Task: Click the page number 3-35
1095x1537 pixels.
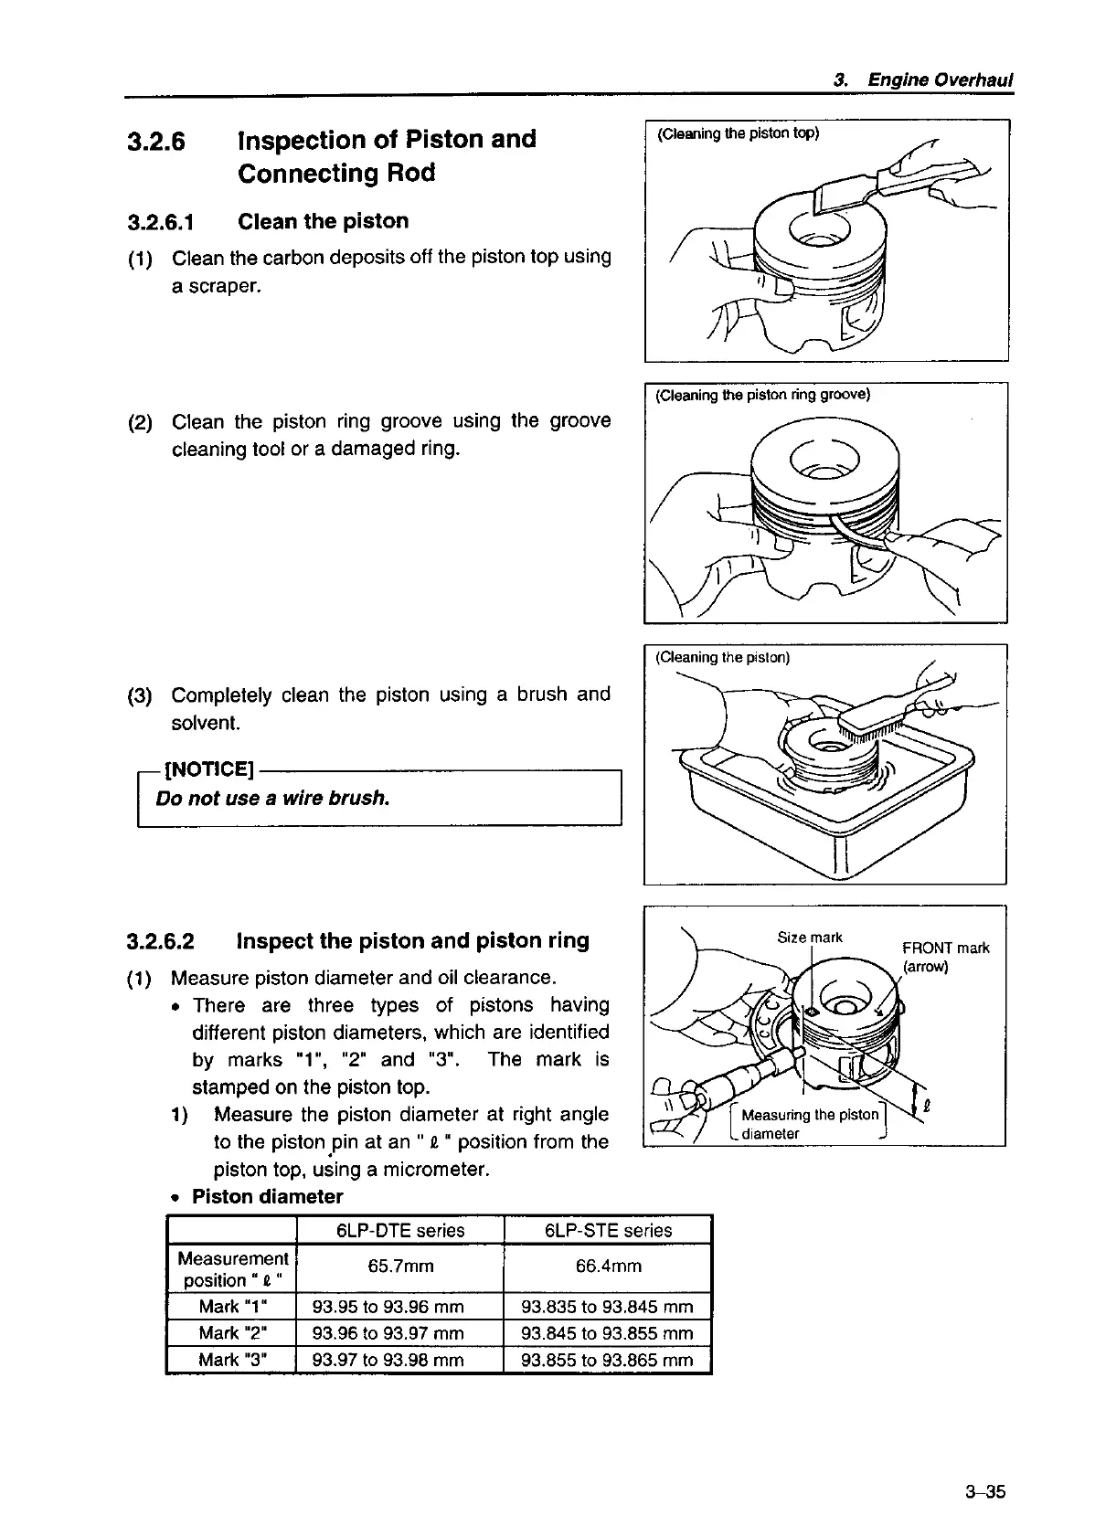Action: coord(983,1492)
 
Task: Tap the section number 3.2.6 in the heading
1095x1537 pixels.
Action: coord(156,142)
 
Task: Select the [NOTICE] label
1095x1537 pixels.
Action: coord(207,770)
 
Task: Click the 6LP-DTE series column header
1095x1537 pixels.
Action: coord(400,1230)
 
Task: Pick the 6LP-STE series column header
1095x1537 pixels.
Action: coord(608,1230)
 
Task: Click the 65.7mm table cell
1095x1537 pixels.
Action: coord(400,1267)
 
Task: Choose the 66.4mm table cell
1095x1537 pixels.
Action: coord(608,1267)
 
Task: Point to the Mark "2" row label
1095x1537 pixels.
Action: coord(233,1333)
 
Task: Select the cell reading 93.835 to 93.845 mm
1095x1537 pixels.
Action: coord(607,1307)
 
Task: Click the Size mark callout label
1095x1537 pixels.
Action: coord(810,938)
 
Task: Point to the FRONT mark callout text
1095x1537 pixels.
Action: coord(946,949)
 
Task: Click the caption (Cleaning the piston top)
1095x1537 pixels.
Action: coord(739,133)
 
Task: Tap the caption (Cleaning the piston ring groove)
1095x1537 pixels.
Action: coord(763,395)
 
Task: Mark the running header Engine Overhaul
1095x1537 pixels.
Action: coord(940,79)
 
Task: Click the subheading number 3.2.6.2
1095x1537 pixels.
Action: coord(161,941)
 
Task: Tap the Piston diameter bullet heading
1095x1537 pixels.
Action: coord(267,1197)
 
